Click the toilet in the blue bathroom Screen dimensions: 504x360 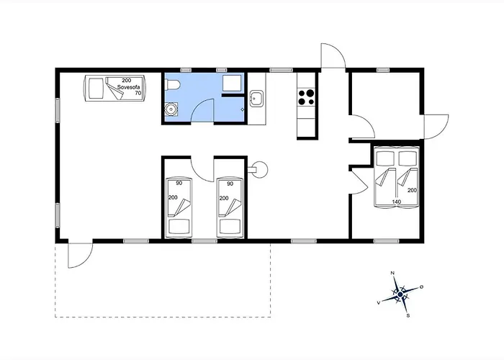pos(172,84)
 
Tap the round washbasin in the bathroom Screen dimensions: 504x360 pos(171,109)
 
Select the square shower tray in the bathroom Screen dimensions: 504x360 pos(232,84)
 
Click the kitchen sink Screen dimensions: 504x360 pos(256,98)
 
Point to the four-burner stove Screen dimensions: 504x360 pos(306,97)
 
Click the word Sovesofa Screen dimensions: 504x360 pos(129,87)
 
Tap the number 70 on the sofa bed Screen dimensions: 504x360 pos(138,93)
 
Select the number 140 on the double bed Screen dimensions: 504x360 pos(397,202)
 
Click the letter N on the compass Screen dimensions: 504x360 pos(392,273)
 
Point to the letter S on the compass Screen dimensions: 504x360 pos(408,315)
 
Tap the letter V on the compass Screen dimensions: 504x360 pos(379,302)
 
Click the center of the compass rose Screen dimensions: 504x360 pos(400,294)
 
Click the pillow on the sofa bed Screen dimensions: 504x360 pos(96,89)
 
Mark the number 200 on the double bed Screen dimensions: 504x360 pos(412,190)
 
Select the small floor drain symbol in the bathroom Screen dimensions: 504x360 pos(243,109)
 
